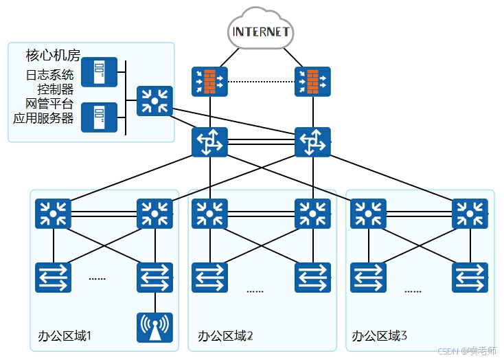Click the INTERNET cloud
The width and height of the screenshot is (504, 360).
[x=261, y=31]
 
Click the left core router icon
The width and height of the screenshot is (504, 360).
[x=208, y=142]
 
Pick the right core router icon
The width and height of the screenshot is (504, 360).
[x=312, y=142]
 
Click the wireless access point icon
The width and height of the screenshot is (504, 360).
[x=154, y=328]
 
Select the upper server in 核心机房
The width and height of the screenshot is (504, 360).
[x=99, y=72]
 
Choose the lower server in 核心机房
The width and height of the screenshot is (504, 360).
[x=99, y=117]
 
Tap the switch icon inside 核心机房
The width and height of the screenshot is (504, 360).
[x=154, y=101]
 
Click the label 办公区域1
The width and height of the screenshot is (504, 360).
[x=65, y=337]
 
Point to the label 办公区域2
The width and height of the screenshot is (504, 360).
[x=225, y=337]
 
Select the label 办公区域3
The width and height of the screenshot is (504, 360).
[x=380, y=337]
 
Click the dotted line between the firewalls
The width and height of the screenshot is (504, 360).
[x=260, y=82]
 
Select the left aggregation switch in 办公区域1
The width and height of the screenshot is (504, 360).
[x=53, y=214]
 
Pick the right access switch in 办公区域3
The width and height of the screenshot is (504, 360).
[x=470, y=278]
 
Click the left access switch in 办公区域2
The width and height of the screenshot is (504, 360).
[x=209, y=278]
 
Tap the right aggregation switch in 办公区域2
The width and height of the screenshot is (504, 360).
[x=312, y=214]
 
